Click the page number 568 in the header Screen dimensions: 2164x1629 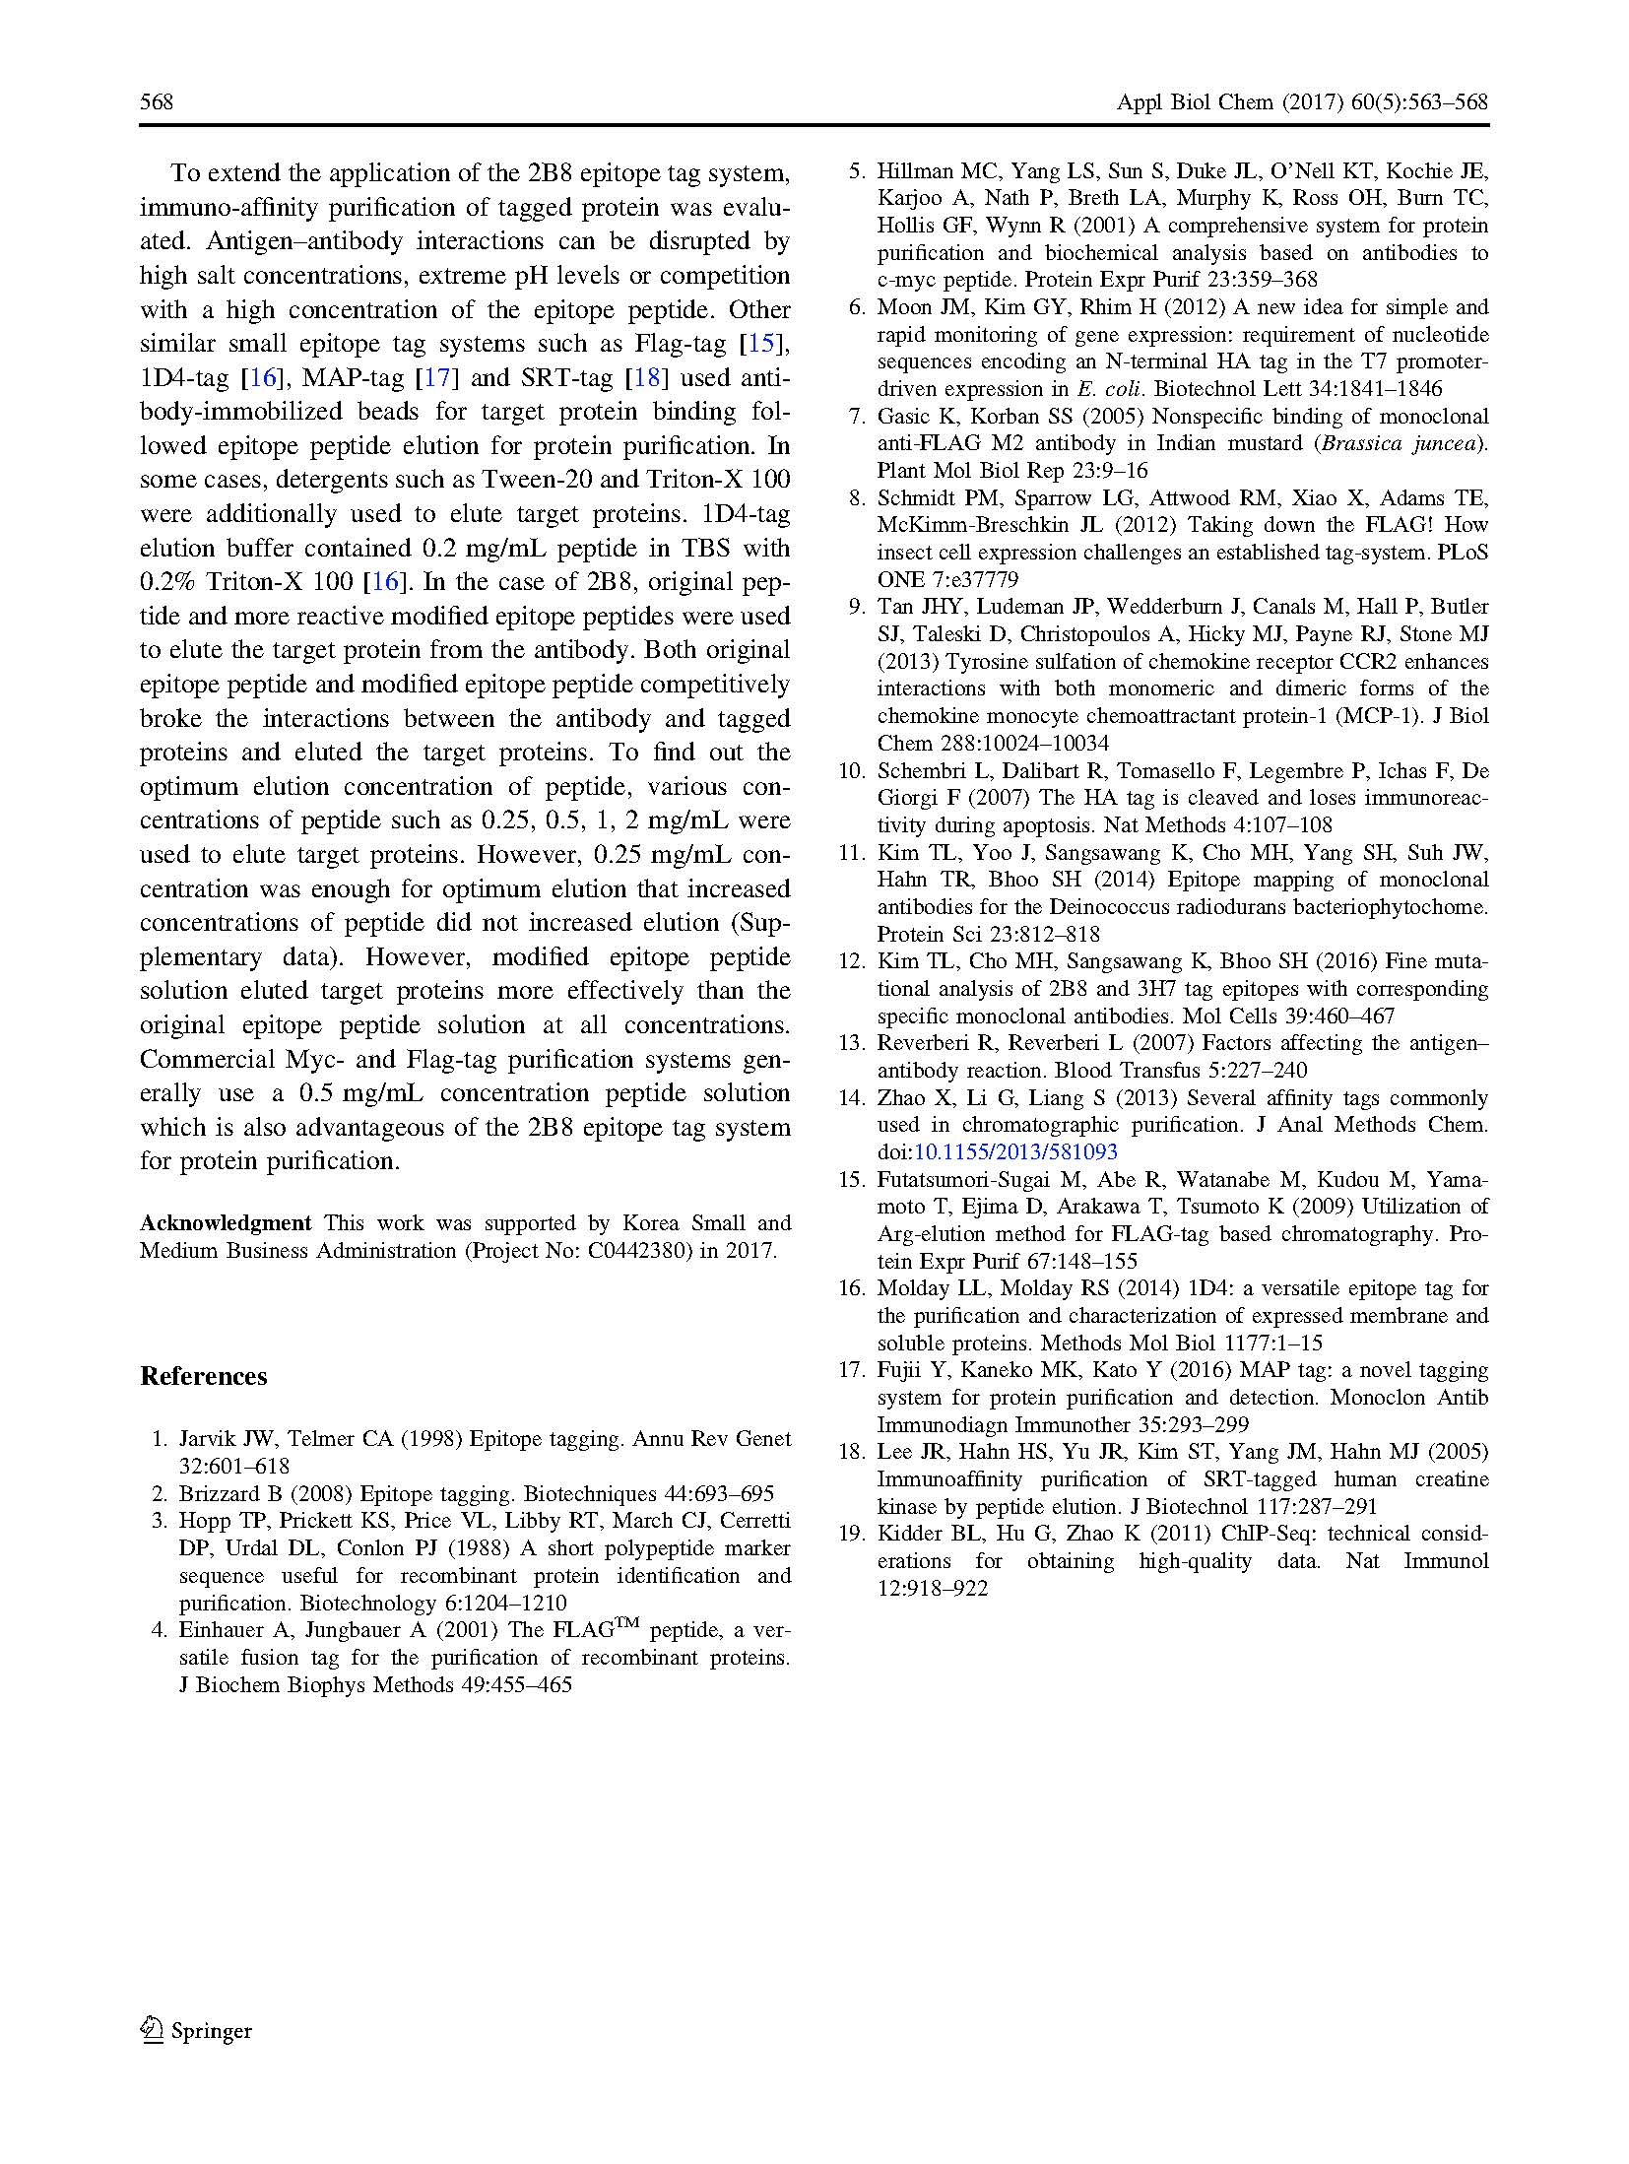click(157, 102)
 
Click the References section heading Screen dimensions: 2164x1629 click(203, 1376)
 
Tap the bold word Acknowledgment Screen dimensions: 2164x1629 click(226, 1223)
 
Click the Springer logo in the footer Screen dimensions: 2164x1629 click(197, 2030)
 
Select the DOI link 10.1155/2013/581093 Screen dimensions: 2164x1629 click(1015, 1152)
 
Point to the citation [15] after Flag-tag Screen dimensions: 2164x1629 click(764, 344)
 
